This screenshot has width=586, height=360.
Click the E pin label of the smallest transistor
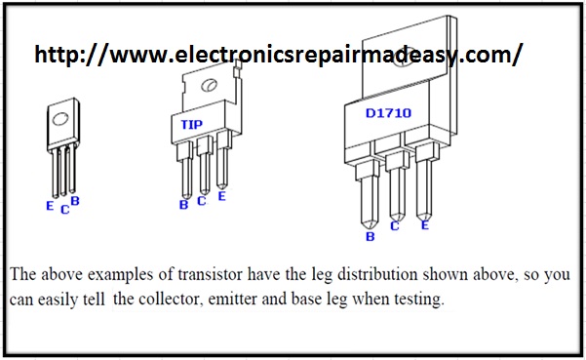pyautogui.click(x=50, y=206)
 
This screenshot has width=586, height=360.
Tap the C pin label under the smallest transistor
pyautogui.click(x=64, y=210)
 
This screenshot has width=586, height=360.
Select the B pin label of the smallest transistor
pyautogui.click(x=75, y=201)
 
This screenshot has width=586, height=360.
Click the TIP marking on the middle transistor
pyautogui.click(x=192, y=125)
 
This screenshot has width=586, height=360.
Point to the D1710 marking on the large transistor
pyautogui.click(x=388, y=113)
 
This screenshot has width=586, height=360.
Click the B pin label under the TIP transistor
pyautogui.click(x=183, y=205)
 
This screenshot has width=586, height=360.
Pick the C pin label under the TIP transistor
pyautogui.click(x=202, y=201)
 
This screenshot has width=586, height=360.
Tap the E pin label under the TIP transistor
pyautogui.click(x=221, y=196)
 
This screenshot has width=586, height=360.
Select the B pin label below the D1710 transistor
pyautogui.click(x=370, y=236)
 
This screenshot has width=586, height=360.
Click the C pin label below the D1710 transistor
pyautogui.click(x=395, y=225)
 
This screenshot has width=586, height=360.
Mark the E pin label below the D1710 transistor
pyautogui.click(x=425, y=225)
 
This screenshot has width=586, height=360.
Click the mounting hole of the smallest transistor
pyautogui.click(x=60, y=118)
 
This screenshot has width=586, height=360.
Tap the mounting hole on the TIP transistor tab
pyautogui.click(x=210, y=85)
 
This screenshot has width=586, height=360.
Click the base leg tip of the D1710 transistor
pyautogui.click(x=369, y=227)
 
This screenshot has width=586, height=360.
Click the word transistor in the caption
pyautogui.click(x=210, y=275)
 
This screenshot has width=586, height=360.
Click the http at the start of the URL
pyautogui.click(x=59, y=55)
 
